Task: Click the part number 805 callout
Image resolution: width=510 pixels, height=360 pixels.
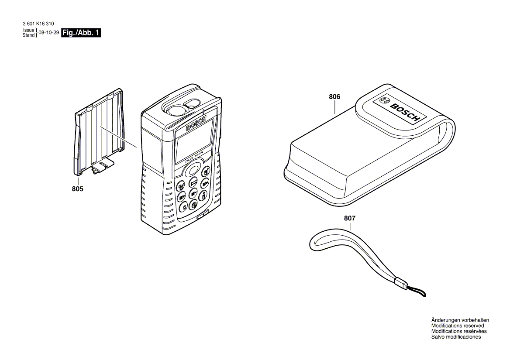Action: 77,189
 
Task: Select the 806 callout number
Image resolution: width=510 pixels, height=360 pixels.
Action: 334,97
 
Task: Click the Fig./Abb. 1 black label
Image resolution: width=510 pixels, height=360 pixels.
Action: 81,33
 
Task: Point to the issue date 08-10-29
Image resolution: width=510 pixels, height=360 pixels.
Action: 48,33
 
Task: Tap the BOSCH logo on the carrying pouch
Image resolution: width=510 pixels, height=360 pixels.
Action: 401,111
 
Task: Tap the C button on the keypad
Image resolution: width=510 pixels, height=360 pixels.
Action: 184,206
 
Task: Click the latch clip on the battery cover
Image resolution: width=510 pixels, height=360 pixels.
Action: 102,166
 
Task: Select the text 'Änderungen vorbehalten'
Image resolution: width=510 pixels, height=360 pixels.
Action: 460,320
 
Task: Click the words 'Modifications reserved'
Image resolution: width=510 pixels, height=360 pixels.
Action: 457,326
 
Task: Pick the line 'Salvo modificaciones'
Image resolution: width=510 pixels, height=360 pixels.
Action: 456,337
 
